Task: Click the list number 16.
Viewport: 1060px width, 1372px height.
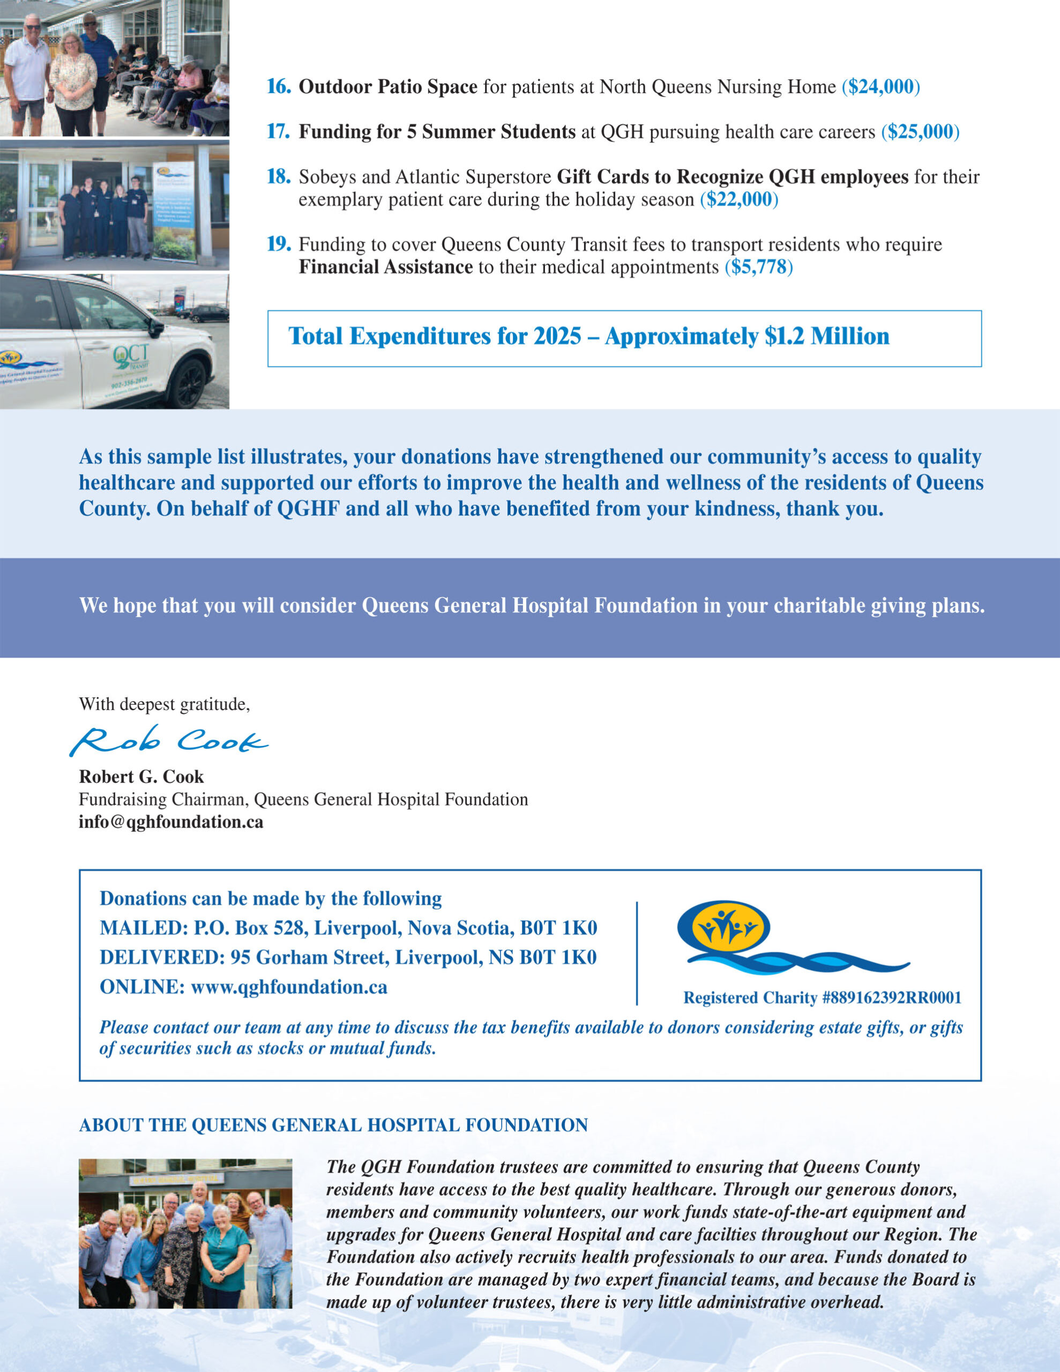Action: point(278,87)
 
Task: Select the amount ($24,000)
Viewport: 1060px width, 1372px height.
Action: point(880,87)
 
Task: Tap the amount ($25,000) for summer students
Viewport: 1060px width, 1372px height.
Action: point(920,132)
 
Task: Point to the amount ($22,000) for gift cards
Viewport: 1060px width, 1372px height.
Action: point(739,200)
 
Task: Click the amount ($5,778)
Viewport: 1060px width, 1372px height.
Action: point(758,267)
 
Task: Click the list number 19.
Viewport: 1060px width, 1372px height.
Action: point(278,244)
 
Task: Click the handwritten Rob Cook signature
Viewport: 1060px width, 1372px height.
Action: point(168,741)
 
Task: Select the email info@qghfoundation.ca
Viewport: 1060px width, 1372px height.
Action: point(171,822)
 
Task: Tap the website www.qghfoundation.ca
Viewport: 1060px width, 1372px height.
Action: point(288,987)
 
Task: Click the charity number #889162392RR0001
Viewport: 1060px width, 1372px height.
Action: point(891,997)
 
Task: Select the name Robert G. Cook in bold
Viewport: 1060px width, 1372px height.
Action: point(141,777)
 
